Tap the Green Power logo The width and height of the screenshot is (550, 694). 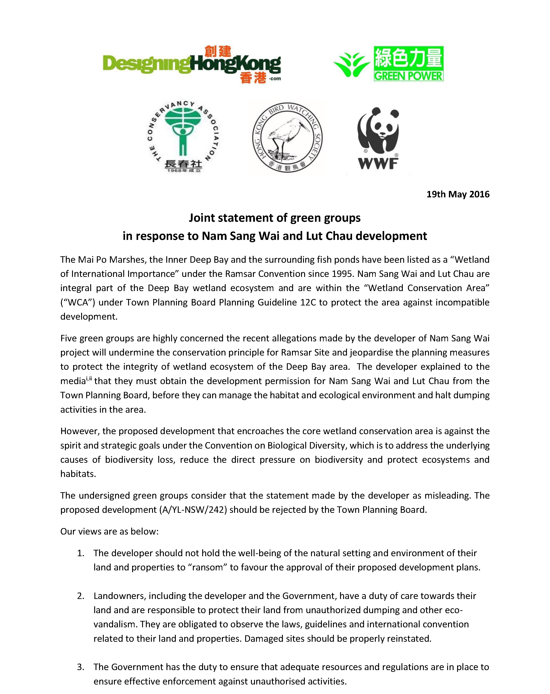pyautogui.click(x=389, y=64)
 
